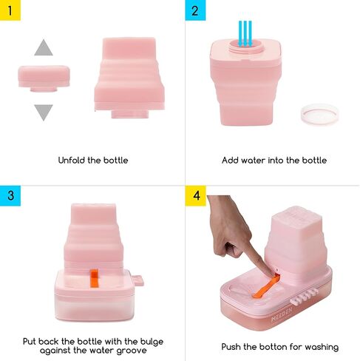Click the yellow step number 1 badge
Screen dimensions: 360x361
tap(10, 10)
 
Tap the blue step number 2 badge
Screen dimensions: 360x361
tap(195, 10)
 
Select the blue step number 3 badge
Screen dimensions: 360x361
tap(10, 195)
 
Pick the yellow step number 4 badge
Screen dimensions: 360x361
tap(195, 195)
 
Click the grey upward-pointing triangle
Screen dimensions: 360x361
tap(44, 49)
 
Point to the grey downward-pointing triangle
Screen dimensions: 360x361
tap(44, 111)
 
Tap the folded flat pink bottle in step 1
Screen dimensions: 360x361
tap(44, 78)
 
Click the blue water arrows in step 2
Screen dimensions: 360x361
tap(245, 34)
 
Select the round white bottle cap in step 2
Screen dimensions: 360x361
tap(319, 114)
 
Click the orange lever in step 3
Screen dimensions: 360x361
tap(94, 278)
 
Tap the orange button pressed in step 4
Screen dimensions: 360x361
tap(266, 287)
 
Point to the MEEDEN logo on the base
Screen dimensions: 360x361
tap(282, 314)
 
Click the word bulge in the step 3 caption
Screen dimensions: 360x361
tap(152, 343)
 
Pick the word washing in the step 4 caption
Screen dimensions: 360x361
tap(322, 348)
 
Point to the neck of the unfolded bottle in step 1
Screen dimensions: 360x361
tap(130, 114)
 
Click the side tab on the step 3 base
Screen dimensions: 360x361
tap(137, 280)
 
